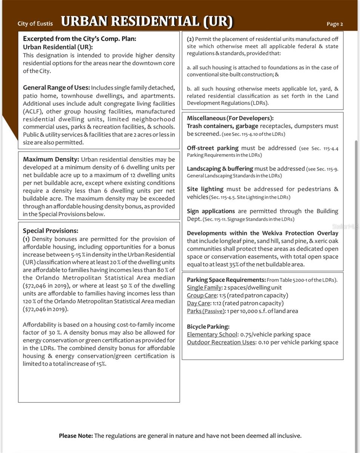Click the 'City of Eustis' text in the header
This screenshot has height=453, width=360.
[x=35, y=23]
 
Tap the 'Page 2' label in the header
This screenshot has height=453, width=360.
[x=335, y=24]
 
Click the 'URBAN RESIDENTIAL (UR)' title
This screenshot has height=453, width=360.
[x=146, y=21]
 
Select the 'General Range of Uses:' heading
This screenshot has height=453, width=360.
[x=56, y=88]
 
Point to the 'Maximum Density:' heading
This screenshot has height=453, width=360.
[x=51, y=159]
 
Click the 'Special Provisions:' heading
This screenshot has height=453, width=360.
[x=50, y=231]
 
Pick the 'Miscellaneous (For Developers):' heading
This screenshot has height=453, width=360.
[x=230, y=118]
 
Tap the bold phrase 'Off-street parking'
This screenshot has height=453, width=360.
[x=212, y=148]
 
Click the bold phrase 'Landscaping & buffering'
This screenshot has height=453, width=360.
[x=220, y=169]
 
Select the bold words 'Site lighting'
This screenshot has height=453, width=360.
[x=205, y=189]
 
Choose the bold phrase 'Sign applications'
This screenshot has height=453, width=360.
[x=211, y=211]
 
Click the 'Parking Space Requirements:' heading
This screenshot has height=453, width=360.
[x=226, y=280]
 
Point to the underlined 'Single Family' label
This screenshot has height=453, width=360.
[x=204, y=288]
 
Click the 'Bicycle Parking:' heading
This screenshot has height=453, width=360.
[x=208, y=327]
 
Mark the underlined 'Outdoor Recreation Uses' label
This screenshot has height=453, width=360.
[x=221, y=342]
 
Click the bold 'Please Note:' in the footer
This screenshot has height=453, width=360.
[x=75, y=436]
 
